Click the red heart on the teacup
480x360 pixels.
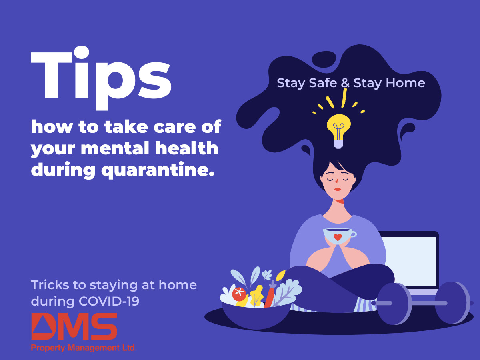[338, 237]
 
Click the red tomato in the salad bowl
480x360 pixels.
[239, 294]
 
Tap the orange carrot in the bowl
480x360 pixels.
[269, 297]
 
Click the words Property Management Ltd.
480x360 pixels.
[84, 348]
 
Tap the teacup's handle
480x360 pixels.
[352, 234]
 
